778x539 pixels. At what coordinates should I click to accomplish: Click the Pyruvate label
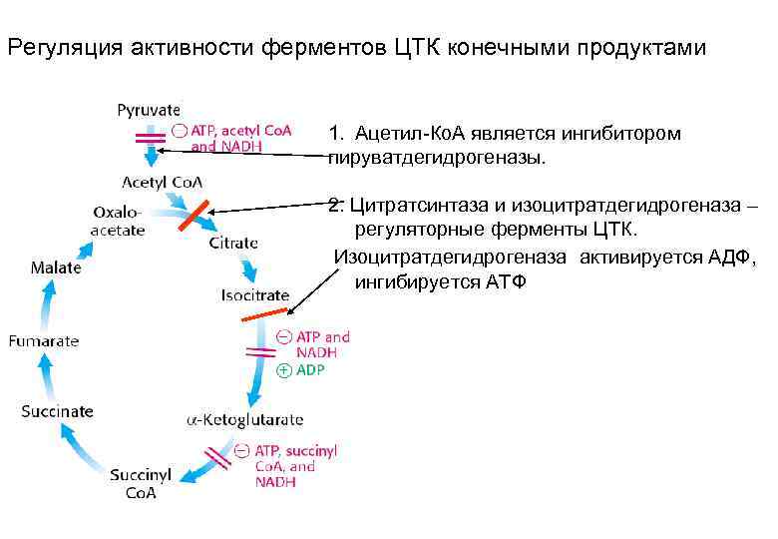tap(149, 110)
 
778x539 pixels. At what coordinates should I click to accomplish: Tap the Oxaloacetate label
tap(119, 221)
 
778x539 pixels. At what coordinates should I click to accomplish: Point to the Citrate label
tap(233, 243)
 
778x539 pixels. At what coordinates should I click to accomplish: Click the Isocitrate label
tap(254, 295)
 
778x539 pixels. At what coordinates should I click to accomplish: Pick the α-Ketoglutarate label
tap(245, 420)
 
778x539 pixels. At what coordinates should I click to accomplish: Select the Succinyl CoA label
tap(141, 484)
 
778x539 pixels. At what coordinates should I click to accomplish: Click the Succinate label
tap(58, 411)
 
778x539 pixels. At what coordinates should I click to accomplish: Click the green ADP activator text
tap(310, 369)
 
